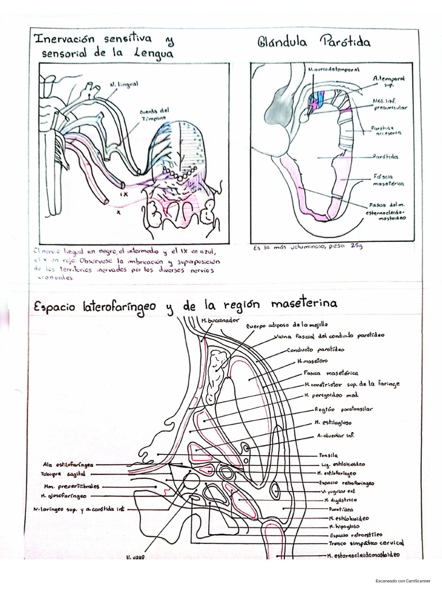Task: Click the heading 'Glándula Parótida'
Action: pyautogui.click(x=313, y=42)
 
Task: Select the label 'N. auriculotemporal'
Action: pyautogui.click(x=334, y=69)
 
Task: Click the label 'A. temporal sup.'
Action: pyautogui.click(x=388, y=81)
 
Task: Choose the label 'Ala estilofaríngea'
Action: pyautogui.click(x=68, y=464)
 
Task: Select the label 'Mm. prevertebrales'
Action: pyautogui.click(x=67, y=486)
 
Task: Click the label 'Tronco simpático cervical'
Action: pyautogui.click(x=366, y=543)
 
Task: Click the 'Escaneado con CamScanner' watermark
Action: pyautogui.click(x=397, y=582)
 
